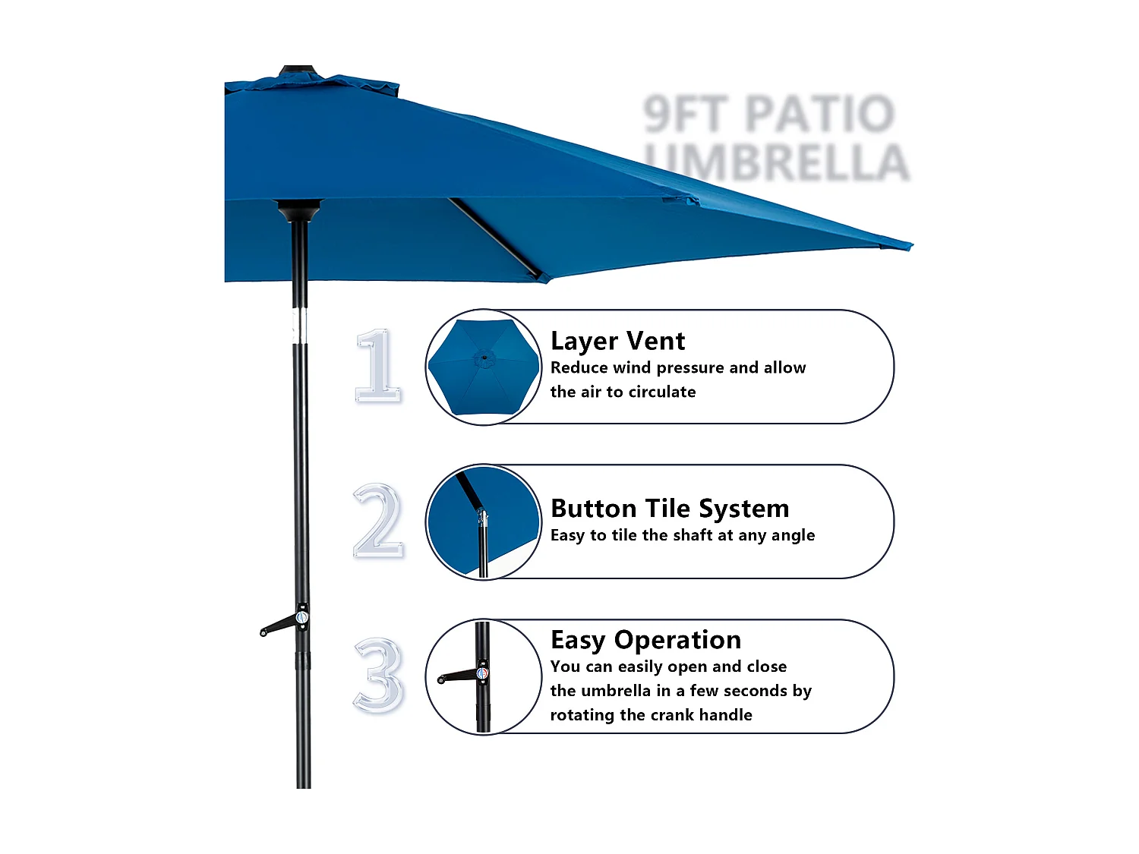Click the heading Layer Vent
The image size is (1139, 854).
click(x=617, y=342)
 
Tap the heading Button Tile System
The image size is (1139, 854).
click(x=670, y=508)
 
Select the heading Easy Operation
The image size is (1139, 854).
click(x=645, y=640)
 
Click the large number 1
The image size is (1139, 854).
click(x=377, y=366)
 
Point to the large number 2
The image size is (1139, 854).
click(x=377, y=522)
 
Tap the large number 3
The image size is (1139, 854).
click(x=377, y=676)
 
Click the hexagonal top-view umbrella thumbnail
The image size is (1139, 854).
click(x=483, y=367)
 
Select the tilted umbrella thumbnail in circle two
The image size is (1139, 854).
click(x=483, y=522)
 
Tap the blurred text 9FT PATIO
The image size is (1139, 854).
click(x=768, y=114)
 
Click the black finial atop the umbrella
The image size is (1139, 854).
click(x=298, y=71)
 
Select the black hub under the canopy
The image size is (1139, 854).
click(x=299, y=209)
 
